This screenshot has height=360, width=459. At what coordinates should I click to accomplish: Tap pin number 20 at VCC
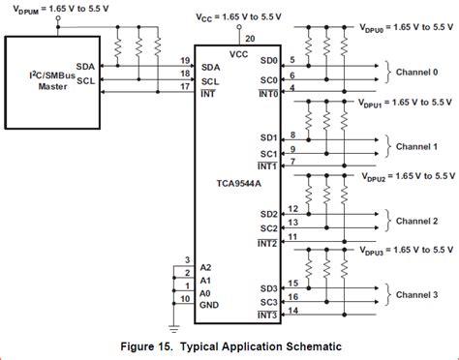point(252,38)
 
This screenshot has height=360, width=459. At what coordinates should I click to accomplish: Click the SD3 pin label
point(268,288)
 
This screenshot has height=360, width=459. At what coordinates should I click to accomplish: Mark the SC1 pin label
point(268,154)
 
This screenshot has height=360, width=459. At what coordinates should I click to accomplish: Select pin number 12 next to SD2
point(294,209)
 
